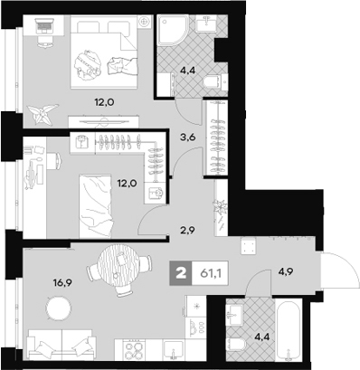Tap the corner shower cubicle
173,32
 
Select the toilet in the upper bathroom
215,82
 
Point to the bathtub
288,329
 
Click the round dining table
119,261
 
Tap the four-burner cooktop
134,349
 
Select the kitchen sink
173,350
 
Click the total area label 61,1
210,273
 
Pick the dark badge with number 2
181,273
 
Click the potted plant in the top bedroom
43,114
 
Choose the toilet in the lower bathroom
237,345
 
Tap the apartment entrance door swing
338,270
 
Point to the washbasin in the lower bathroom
234,315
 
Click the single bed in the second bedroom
95,206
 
